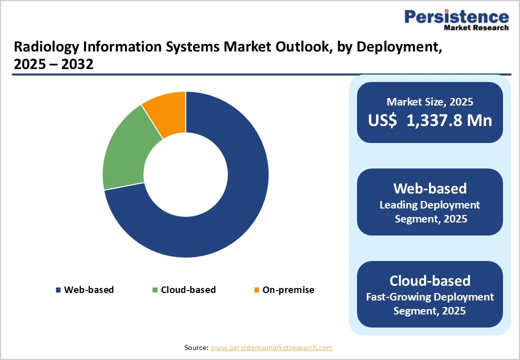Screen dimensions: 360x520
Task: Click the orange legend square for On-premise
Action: [x=257, y=290]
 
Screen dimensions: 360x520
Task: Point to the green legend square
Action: [x=155, y=290]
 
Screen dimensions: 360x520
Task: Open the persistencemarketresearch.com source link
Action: [x=271, y=347]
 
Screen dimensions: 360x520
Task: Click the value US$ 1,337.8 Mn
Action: [x=430, y=120]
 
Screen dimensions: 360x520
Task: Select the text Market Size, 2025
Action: [x=430, y=102]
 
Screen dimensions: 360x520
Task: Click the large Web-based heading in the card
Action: [x=430, y=188]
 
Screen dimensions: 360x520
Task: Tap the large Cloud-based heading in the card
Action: [x=430, y=280]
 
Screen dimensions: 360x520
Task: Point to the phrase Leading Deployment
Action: [x=430, y=205]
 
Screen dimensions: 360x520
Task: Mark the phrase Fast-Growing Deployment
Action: [x=430, y=297]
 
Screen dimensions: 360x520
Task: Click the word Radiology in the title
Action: [x=43, y=47]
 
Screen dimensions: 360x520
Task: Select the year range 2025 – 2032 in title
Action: [x=53, y=64]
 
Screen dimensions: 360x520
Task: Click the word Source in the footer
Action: [x=195, y=347]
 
